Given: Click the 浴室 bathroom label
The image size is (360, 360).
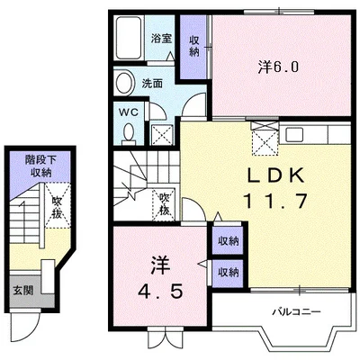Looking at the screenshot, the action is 161,38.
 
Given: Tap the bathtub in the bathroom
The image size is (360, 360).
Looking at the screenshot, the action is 129,38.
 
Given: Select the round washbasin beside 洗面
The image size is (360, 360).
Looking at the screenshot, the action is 124,83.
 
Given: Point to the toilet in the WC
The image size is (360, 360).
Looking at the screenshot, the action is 130,133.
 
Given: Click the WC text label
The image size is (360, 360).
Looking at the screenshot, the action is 129,112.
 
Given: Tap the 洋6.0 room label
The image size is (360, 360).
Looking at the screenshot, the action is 278,67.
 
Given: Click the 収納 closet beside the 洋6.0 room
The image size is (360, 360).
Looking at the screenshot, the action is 194,47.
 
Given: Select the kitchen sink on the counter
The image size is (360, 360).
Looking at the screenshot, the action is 293,135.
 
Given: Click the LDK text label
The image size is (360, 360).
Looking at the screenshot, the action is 275,175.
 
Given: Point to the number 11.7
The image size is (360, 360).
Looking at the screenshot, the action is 276,201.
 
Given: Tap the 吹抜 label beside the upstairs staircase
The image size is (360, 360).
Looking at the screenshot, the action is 165,204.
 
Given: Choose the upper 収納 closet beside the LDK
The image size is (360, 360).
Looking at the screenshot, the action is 228,240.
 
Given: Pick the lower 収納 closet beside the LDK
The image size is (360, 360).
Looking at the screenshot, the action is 228,273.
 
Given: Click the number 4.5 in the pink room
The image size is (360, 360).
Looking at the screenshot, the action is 160,291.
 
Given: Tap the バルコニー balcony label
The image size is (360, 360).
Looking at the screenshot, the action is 296,311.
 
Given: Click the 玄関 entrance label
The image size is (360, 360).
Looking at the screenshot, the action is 22,291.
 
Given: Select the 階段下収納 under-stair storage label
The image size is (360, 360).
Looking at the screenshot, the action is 40,166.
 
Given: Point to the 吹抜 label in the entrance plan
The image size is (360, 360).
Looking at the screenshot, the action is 57,207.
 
